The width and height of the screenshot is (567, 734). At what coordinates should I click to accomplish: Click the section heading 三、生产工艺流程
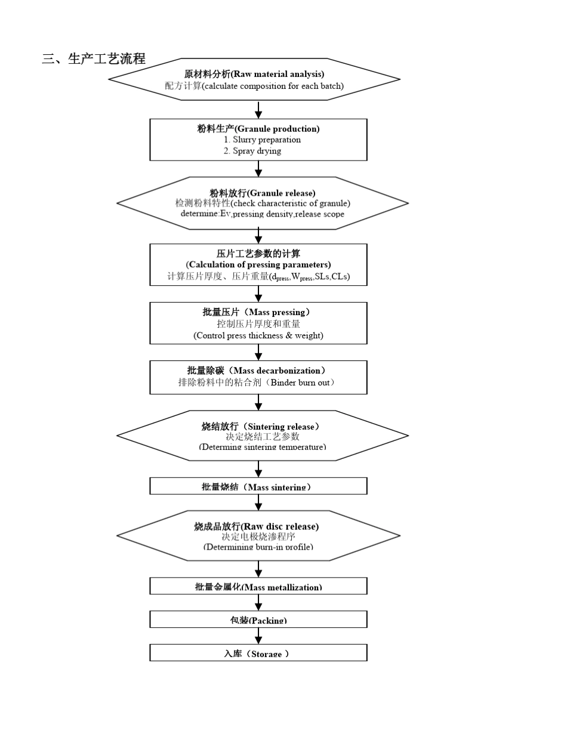tap(94, 59)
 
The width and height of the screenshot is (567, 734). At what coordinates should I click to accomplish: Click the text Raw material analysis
tap(278, 74)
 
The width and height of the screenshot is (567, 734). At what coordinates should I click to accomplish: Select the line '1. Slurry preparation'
tap(262, 140)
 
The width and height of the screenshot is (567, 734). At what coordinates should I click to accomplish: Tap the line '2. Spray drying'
tap(252, 151)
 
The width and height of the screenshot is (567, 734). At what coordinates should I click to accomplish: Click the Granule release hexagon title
tap(262, 193)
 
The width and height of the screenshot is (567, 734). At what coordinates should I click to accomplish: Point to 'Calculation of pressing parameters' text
tap(258, 264)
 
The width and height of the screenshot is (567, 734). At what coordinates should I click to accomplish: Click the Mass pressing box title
tap(257, 312)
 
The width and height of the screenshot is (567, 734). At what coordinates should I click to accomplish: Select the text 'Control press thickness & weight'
tap(258, 335)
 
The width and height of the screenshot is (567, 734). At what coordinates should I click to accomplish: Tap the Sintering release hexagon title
tap(261, 426)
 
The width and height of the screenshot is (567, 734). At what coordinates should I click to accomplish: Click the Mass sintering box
tap(258, 486)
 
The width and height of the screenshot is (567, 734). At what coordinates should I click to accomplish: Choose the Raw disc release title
tap(256, 526)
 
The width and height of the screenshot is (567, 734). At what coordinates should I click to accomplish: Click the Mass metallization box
tap(258, 587)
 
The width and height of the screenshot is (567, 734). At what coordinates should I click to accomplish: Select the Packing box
tap(258, 620)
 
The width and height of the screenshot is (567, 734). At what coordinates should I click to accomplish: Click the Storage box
tap(258, 653)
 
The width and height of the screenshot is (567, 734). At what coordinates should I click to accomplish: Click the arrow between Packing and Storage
tap(258, 636)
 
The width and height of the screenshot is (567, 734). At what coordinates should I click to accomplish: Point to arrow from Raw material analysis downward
tap(258, 110)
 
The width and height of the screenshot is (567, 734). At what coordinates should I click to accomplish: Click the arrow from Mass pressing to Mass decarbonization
tap(258, 352)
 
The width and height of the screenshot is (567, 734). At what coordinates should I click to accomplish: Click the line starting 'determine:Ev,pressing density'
tap(262, 214)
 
